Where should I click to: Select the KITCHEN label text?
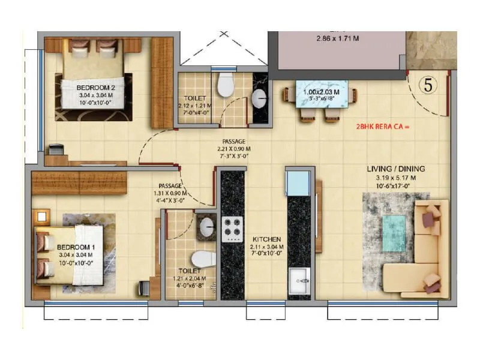[264, 238]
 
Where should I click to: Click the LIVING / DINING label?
[395, 169]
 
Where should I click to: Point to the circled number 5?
[428, 85]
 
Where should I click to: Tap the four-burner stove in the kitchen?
[232, 229]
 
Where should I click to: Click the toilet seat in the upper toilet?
[226, 85]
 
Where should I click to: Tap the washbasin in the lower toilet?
[206, 226]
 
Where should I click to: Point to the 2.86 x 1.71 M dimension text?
[337, 39]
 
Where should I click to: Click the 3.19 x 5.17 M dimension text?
[395, 178]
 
